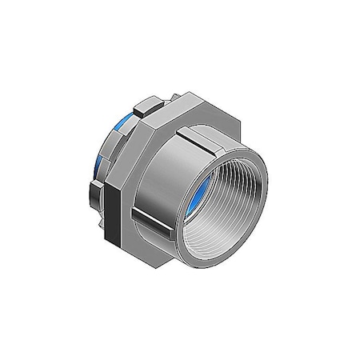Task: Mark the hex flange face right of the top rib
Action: pyautogui.click(x=224, y=128)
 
